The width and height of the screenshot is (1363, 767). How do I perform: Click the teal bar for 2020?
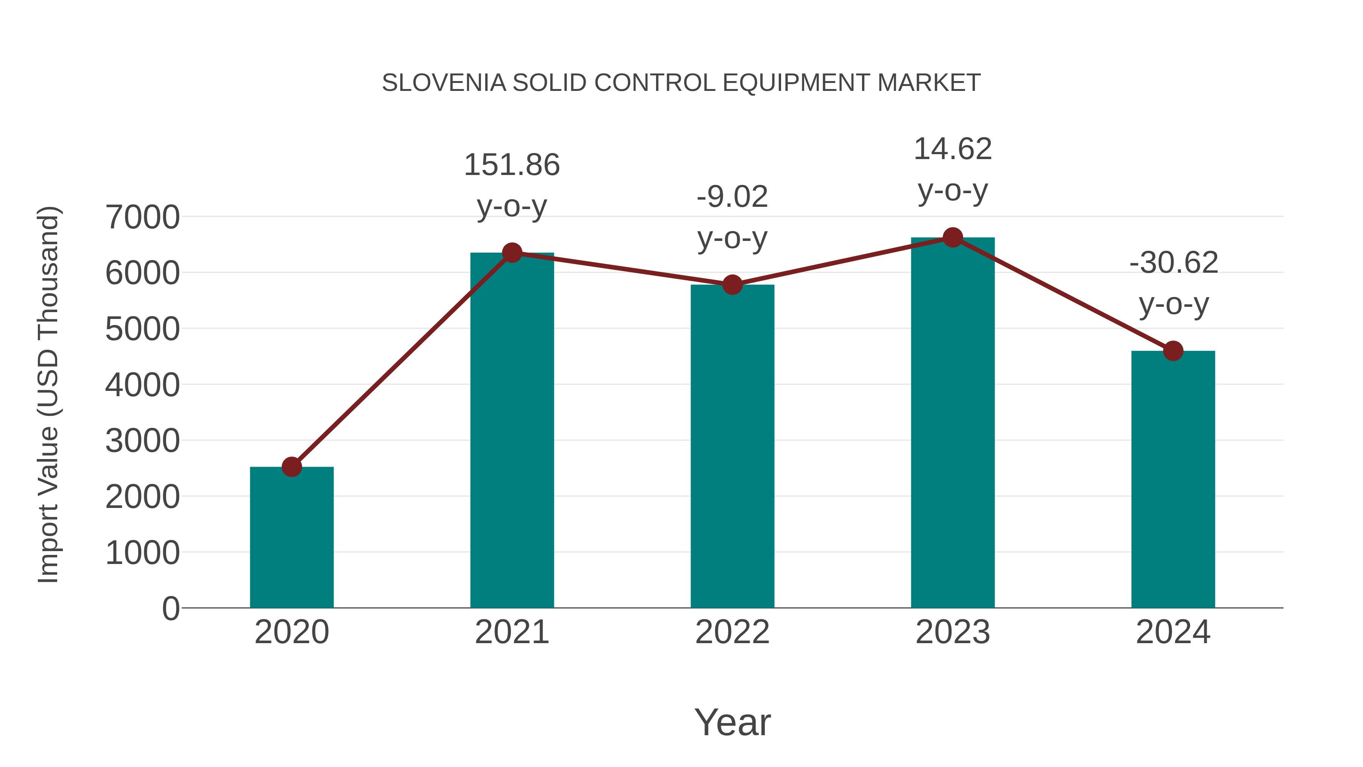coord(292,537)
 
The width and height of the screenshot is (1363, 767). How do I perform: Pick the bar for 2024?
coord(1173,479)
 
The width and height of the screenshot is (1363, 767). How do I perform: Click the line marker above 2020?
coord(292,467)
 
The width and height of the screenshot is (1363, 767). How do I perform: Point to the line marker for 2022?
coord(732,285)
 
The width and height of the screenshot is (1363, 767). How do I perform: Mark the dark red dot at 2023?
coord(953,237)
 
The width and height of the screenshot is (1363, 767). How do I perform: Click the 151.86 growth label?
coord(512,165)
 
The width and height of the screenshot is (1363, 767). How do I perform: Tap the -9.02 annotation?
coord(732,197)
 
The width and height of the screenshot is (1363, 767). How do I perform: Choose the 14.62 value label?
coord(953,149)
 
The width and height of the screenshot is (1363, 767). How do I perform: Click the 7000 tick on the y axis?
coord(142,217)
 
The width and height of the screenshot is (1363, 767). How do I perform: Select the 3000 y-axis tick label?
coord(142,441)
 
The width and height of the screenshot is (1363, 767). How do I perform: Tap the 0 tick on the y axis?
coord(170,609)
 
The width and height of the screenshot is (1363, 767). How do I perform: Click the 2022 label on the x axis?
coord(732,633)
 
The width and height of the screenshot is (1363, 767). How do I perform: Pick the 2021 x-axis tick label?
coord(512,633)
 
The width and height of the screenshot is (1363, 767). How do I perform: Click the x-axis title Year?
coord(732,723)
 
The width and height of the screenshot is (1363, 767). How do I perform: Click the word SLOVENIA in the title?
coord(443,83)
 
